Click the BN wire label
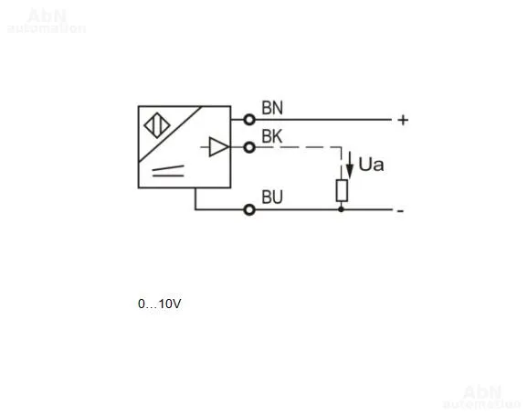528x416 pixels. click(272, 108)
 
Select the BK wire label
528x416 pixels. click(272, 136)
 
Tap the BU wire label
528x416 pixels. click(272, 197)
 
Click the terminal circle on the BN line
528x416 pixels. click(249, 120)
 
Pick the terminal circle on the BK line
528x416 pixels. click(249, 147)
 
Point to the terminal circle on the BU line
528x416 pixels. click(249, 209)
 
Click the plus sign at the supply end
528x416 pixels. click(403, 120)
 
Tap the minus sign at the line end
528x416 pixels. click(400, 211)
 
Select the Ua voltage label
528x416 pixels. click(371, 165)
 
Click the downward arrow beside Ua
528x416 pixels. click(350, 165)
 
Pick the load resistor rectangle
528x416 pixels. click(342, 191)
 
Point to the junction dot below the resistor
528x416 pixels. click(341, 209)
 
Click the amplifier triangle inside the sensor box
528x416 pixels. click(219, 146)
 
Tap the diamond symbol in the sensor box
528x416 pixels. click(157, 126)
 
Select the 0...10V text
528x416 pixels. click(160, 304)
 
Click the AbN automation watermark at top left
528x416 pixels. click(47, 21)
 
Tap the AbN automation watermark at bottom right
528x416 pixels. click(481, 397)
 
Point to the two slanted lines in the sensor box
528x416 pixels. click(168, 171)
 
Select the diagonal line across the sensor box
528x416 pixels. click(170, 134)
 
